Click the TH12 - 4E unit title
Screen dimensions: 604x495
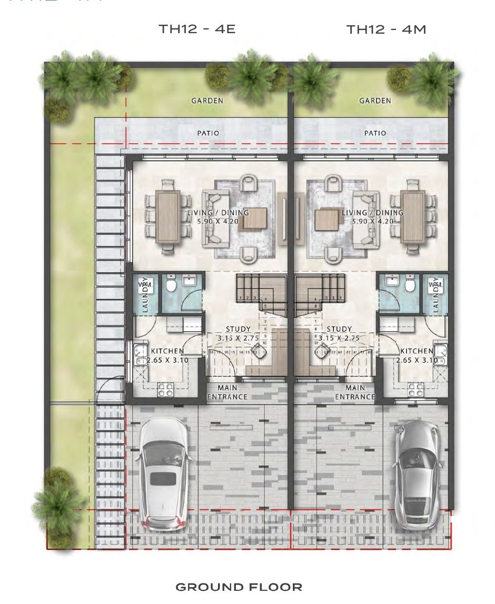coord(197,28)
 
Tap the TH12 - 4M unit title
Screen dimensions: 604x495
coord(386,29)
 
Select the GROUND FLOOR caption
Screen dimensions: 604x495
coord(239,587)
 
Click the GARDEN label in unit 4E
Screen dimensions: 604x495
coord(207,101)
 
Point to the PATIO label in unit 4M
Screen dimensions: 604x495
coord(375,133)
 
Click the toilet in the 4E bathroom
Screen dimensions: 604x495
coord(170,285)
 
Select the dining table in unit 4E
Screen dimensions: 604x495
coord(169,216)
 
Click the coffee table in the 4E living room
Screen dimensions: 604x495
coord(254,219)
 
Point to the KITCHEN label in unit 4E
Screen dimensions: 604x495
coord(167,351)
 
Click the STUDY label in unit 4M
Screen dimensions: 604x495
coord(339,330)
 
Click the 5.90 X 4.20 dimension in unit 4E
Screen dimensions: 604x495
coord(218,222)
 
